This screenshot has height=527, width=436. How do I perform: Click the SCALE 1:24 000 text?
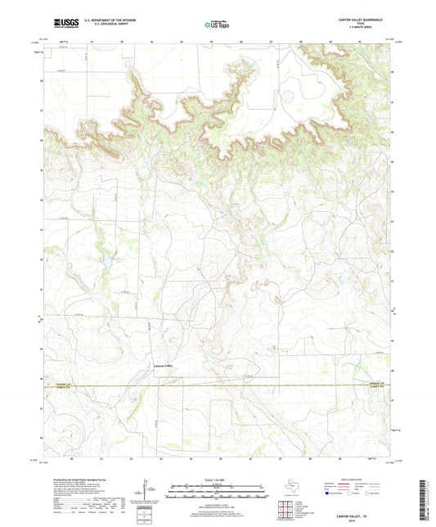[218, 480]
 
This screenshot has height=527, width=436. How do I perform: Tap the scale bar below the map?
[218, 493]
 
